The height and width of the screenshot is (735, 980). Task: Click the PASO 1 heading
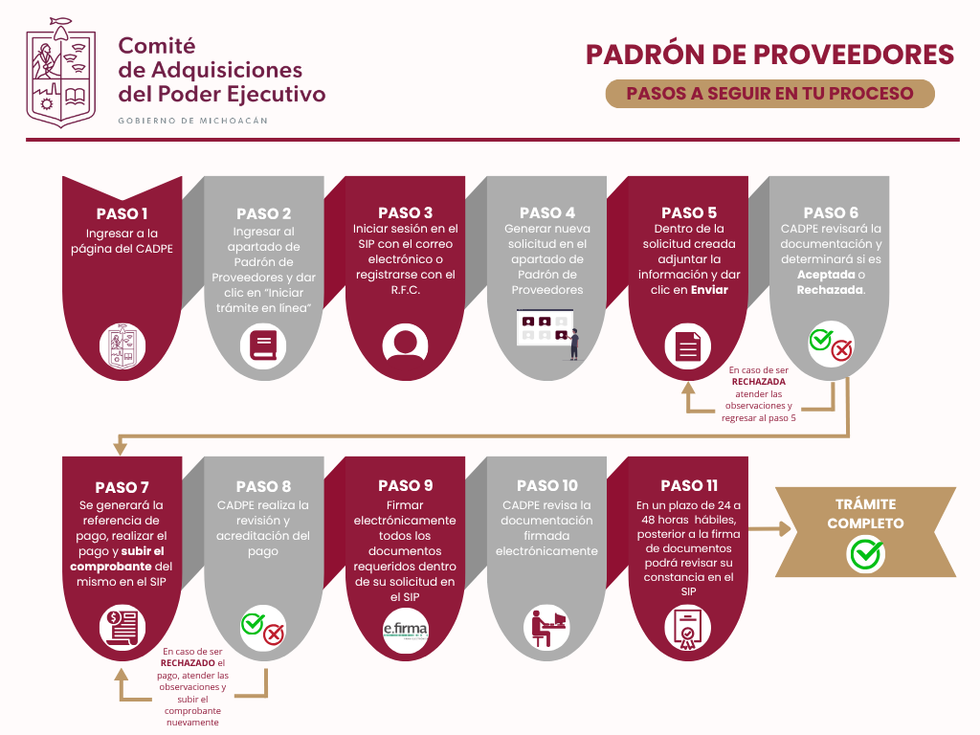[122, 213]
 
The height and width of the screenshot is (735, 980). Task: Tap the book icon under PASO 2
[263, 344]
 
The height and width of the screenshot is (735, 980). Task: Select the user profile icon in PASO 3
[405, 344]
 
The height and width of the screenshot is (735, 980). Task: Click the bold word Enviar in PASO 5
[708, 290]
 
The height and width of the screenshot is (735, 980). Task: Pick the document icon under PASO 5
[688, 345]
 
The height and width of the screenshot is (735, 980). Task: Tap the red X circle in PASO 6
[842, 351]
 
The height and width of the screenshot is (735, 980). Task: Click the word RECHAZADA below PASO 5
[759, 381]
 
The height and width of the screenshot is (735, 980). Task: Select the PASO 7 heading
[122, 487]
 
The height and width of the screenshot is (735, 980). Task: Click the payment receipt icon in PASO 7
[122, 628]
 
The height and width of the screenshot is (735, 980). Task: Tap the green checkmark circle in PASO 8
[253, 624]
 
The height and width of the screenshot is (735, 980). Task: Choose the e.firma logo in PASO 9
[405, 630]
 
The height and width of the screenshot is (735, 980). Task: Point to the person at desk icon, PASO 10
[546, 628]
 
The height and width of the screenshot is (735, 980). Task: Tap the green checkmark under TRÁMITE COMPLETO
[865, 553]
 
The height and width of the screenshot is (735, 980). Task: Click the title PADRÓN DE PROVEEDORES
[770, 55]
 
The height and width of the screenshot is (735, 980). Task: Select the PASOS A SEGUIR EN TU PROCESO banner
[769, 94]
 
